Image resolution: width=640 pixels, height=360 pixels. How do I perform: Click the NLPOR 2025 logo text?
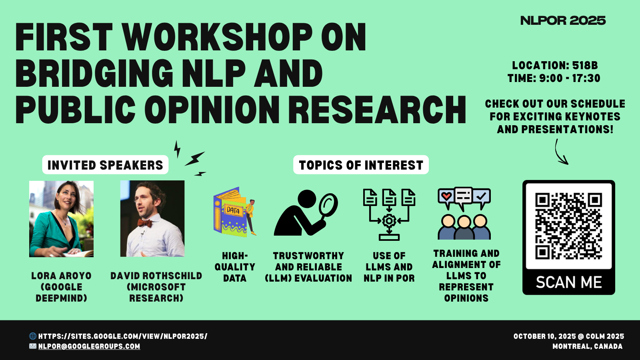[563, 20]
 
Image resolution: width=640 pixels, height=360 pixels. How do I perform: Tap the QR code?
[568, 226]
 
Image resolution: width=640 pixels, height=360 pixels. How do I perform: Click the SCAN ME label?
[568, 282]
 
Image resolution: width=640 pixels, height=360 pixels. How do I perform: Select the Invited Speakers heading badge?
[105, 165]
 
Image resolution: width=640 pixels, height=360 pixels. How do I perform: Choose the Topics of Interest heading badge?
[361, 165]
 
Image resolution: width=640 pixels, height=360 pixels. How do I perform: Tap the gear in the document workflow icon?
[389, 220]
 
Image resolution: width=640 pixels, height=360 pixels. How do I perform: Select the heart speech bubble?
[446, 196]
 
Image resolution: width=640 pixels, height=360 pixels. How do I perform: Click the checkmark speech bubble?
[482, 196]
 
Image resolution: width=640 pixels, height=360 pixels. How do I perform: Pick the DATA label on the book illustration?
[233, 211]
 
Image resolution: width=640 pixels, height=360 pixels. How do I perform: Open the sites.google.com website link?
[123, 336]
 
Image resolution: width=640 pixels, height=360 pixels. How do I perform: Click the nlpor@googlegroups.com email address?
[89, 346]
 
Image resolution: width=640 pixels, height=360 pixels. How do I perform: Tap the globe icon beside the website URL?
[33, 336]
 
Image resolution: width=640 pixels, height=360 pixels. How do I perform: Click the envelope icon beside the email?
[33, 346]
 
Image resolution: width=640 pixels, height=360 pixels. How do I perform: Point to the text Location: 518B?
[555, 66]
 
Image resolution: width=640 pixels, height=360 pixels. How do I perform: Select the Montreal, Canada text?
[588, 346]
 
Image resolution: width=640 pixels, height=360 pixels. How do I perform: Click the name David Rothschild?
[156, 276]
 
